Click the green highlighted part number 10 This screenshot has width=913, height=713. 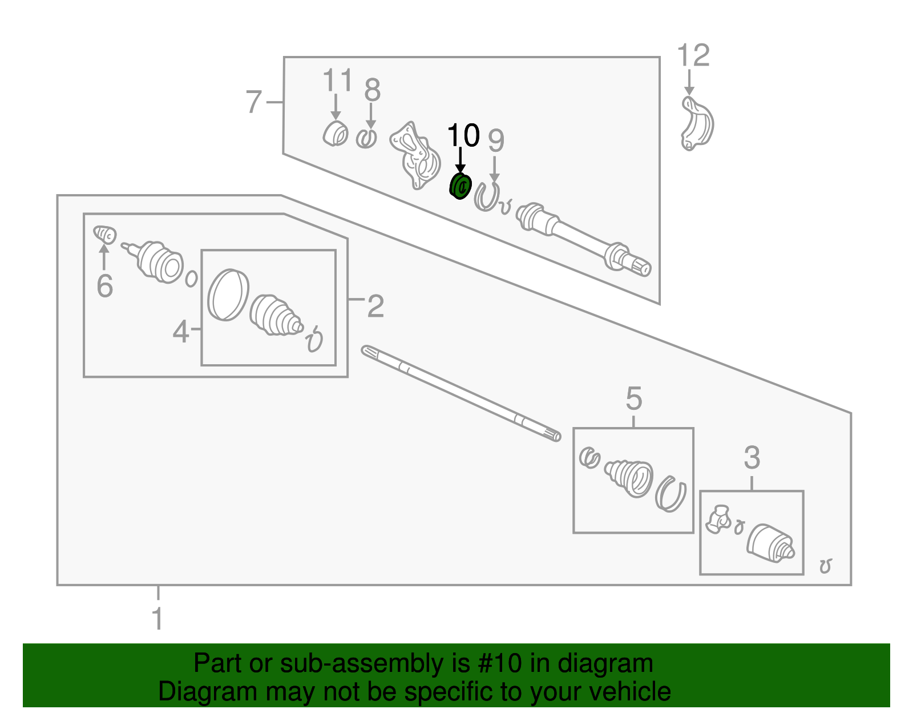(x=460, y=186)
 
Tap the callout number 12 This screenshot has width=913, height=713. (x=693, y=56)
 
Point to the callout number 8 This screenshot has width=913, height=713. (x=372, y=90)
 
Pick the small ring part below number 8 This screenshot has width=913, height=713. (x=366, y=138)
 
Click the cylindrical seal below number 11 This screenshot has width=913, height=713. (x=335, y=134)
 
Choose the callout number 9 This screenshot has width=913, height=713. (x=496, y=140)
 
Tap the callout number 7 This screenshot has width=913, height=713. (x=253, y=102)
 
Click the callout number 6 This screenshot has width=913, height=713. (x=104, y=285)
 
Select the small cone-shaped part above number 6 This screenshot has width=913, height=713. (x=105, y=235)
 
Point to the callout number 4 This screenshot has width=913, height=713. (x=180, y=331)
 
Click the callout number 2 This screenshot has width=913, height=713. (x=375, y=307)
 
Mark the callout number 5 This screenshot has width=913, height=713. (x=633, y=398)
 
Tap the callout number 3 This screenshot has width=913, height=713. (x=752, y=458)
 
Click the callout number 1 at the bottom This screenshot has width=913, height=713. (x=157, y=619)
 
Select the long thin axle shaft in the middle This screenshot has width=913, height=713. (x=461, y=393)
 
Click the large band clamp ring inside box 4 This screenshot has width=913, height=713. (x=227, y=295)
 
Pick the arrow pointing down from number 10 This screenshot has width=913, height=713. (x=460, y=159)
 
